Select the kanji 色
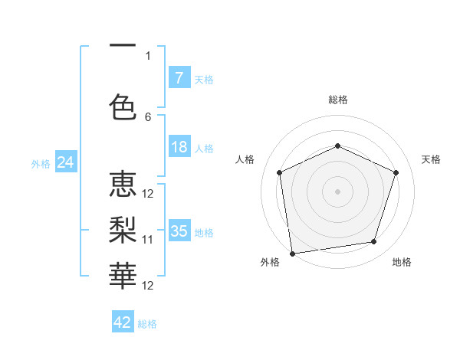(x=123, y=106)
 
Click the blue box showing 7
(x=179, y=78)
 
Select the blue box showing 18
(x=179, y=147)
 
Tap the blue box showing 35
(x=179, y=231)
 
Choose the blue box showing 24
(x=65, y=162)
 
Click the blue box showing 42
(x=123, y=322)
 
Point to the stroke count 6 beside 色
(x=148, y=116)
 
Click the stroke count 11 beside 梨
(x=148, y=240)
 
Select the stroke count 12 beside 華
(x=148, y=285)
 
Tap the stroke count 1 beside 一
(x=148, y=55)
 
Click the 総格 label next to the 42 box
(x=147, y=324)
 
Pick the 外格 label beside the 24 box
(x=41, y=164)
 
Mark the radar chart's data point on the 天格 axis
(x=396, y=172)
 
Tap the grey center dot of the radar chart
(x=337, y=191)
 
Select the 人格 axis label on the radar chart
(x=245, y=159)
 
